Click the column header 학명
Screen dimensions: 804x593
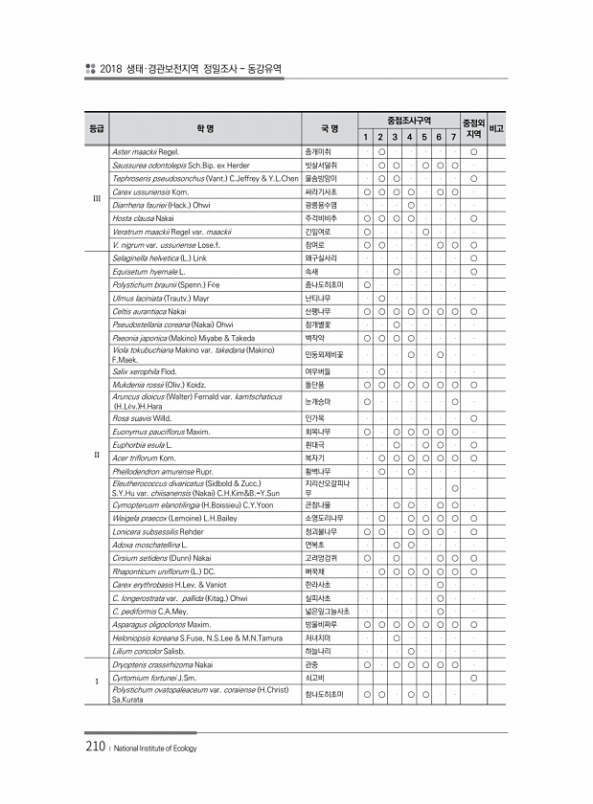[x=203, y=128]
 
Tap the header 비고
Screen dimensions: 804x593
[x=497, y=128]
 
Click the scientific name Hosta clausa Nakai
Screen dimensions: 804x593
[x=145, y=218]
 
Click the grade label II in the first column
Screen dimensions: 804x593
[x=96, y=454]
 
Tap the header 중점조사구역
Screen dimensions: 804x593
[x=409, y=121]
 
